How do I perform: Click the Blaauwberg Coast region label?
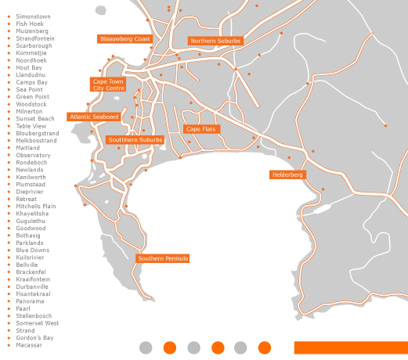125,38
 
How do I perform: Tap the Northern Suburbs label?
215,41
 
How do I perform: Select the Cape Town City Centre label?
108,85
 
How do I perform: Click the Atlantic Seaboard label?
94,117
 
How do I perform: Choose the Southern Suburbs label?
135,140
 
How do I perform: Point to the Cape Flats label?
201,129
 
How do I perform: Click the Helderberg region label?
287,175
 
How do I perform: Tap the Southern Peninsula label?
163,258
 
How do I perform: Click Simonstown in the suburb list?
34,16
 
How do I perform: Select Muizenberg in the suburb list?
32,31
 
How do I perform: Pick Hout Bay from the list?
29,67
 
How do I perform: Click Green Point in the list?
32,96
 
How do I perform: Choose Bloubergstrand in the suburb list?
37,133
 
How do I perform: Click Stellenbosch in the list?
34,315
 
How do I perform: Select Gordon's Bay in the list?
34,337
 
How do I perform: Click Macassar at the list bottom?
30,344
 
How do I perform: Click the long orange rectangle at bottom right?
351,347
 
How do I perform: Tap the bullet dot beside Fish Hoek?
9,23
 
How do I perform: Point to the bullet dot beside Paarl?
9,308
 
